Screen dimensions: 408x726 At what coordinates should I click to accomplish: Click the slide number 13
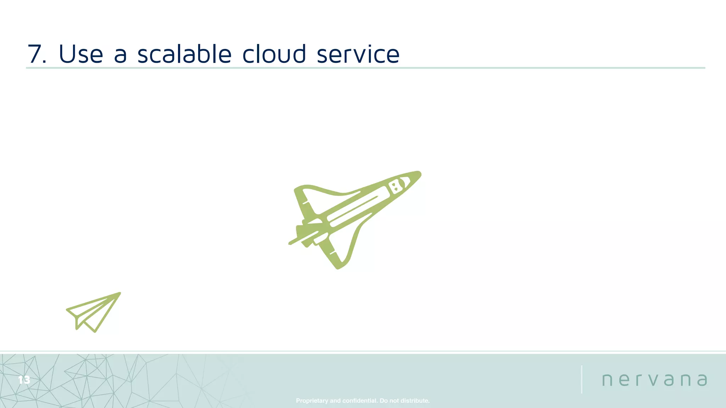[x=24, y=380]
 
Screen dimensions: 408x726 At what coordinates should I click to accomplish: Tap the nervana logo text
[x=654, y=380]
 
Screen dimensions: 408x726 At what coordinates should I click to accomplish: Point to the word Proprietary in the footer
[x=312, y=401]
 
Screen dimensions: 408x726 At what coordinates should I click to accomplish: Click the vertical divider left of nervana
[x=582, y=379]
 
